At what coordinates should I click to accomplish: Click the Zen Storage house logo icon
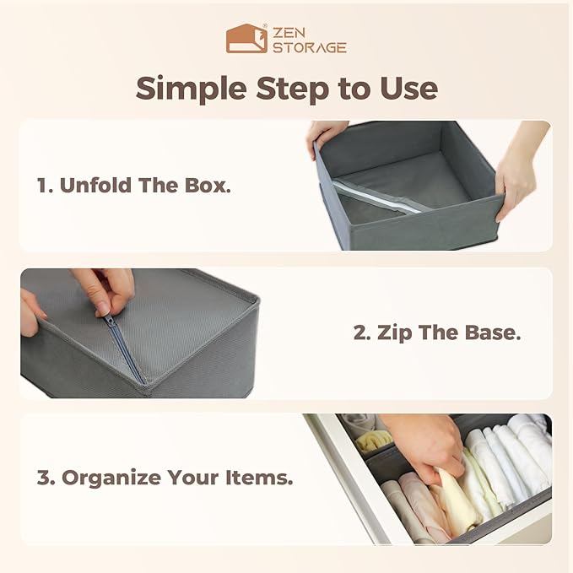point(246,39)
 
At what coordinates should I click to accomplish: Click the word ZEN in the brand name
point(289,33)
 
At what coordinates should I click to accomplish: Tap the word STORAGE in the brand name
point(310,47)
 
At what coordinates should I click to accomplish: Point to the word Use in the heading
point(408,88)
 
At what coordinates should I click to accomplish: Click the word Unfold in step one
point(95,186)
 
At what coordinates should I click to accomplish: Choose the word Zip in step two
point(395,333)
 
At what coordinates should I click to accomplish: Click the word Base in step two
point(492,332)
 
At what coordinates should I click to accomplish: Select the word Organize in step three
point(111,478)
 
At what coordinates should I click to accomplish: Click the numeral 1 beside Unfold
point(43,186)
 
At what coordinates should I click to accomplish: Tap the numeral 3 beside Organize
point(46,478)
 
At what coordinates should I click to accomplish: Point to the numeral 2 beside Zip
point(362,332)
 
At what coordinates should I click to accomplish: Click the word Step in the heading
point(292,89)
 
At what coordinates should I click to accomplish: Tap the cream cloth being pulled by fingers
point(455,500)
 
